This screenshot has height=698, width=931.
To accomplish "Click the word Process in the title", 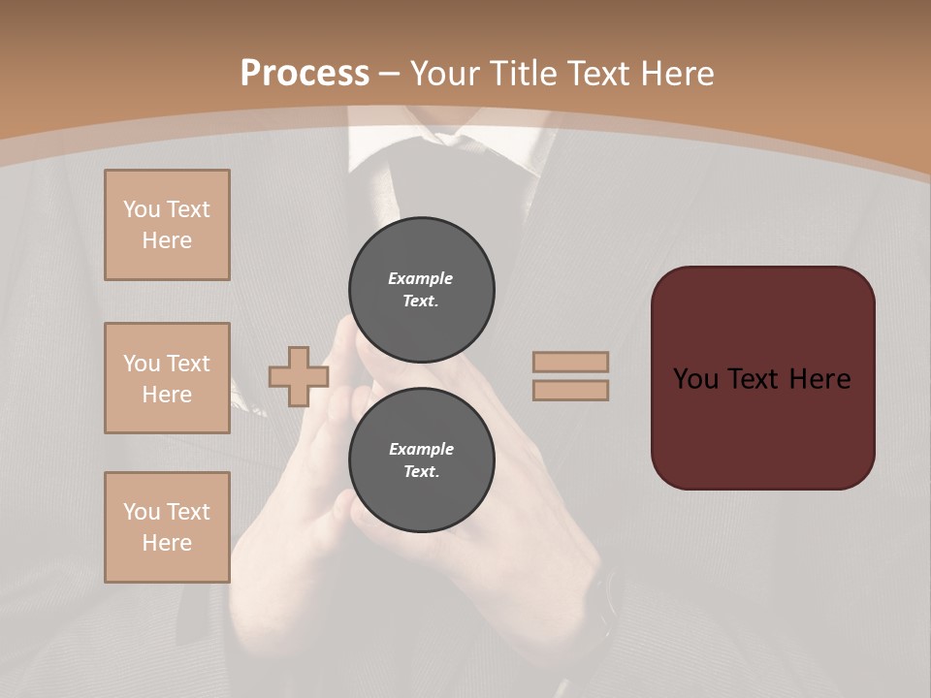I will pyautogui.click(x=305, y=74).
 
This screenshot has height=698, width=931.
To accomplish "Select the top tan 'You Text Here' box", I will pyautogui.click(x=167, y=225).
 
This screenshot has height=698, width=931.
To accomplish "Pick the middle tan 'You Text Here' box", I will pyautogui.click(x=167, y=378).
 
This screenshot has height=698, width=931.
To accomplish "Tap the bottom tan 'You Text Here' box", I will pyautogui.click(x=167, y=527).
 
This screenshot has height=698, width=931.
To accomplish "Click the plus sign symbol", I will pyautogui.click(x=298, y=377).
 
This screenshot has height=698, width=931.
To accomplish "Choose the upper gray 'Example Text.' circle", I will pyautogui.click(x=422, y=289).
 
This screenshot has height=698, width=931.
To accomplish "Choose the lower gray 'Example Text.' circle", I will pyautogui.click(x=422, y=460).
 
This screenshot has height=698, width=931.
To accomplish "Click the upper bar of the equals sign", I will pyautogui.click(x=570, y=363).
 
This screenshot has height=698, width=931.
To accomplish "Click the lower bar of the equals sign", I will pyautogui.click(x=570, y=390).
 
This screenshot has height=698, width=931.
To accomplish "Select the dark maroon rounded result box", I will pyautogui.click(x=762, y=427).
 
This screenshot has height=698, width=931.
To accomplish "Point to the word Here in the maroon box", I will pyautogui.click(x=819, y=379).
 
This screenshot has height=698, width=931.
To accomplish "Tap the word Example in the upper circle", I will pyautogui.click(x=421, y=278).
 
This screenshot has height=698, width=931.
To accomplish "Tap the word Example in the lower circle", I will pyautogui.click(x=421, y=449).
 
